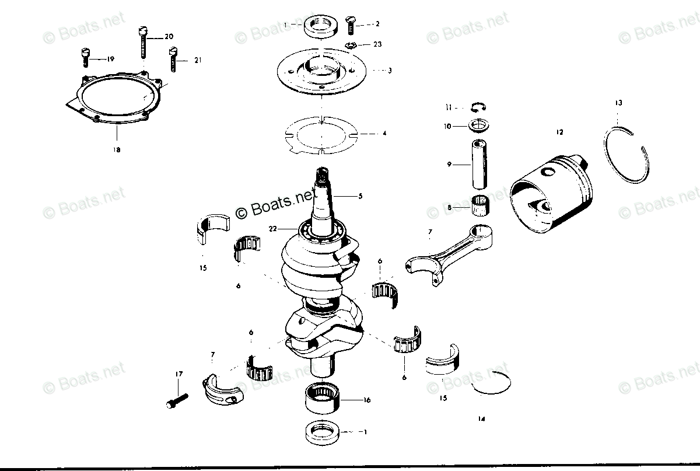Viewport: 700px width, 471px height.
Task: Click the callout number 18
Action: point(117,150)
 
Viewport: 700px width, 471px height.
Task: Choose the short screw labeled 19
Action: point(85,57)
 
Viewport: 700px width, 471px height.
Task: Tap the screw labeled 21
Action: point(173,58)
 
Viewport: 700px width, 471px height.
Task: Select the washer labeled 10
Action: point(478,125)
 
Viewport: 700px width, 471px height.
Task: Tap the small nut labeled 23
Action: point(352,46)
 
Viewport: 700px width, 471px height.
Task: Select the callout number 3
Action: point(390,71)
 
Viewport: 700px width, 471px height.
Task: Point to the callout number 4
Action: point(384,134)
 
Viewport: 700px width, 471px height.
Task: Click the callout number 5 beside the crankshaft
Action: point(360,197)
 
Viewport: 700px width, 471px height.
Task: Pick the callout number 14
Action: point(481,419)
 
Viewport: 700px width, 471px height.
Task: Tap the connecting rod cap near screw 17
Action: point(222,389)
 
